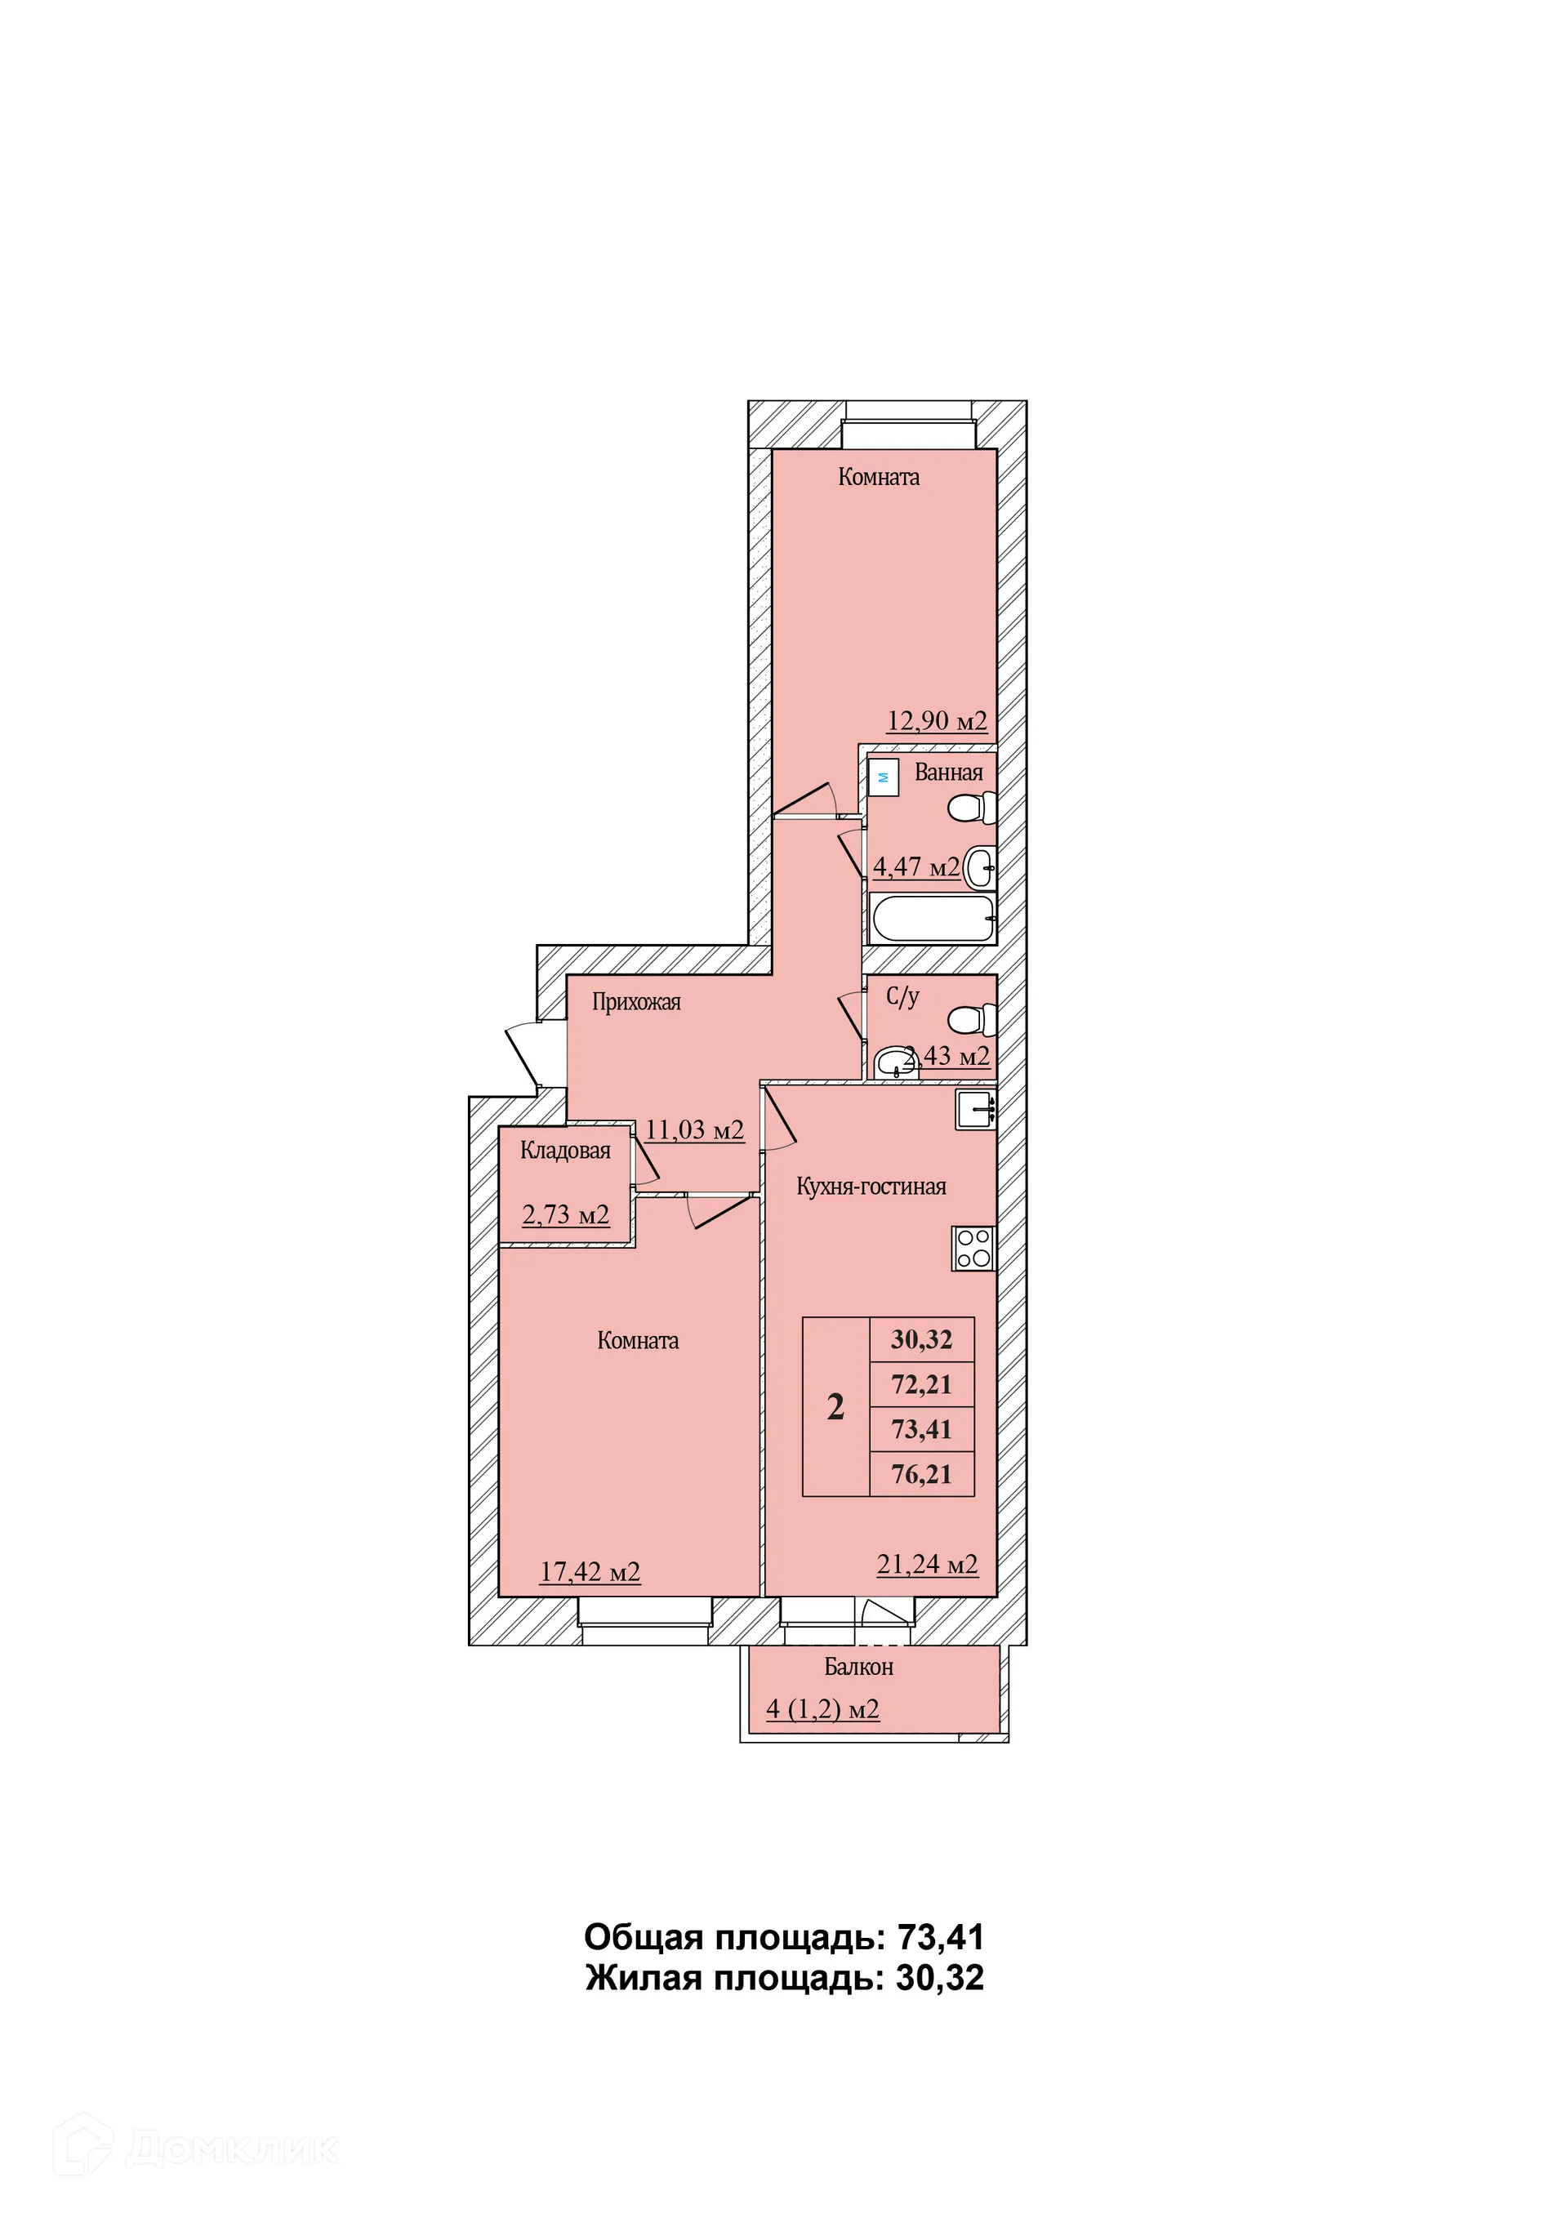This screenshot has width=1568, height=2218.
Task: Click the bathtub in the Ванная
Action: click(933, 918)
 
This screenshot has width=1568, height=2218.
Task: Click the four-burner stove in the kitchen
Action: click(973, 1247)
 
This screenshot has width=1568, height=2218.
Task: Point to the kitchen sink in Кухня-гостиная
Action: click(976, 1109)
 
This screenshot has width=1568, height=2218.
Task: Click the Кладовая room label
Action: click(565, 1150)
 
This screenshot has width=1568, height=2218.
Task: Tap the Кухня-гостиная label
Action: click(871, 1187)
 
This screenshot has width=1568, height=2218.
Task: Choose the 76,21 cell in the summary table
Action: click(922, 1474)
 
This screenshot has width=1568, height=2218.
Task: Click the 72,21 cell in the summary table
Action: click(922, 1384)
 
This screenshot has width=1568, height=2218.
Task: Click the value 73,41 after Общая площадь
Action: click(941, 1938)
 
